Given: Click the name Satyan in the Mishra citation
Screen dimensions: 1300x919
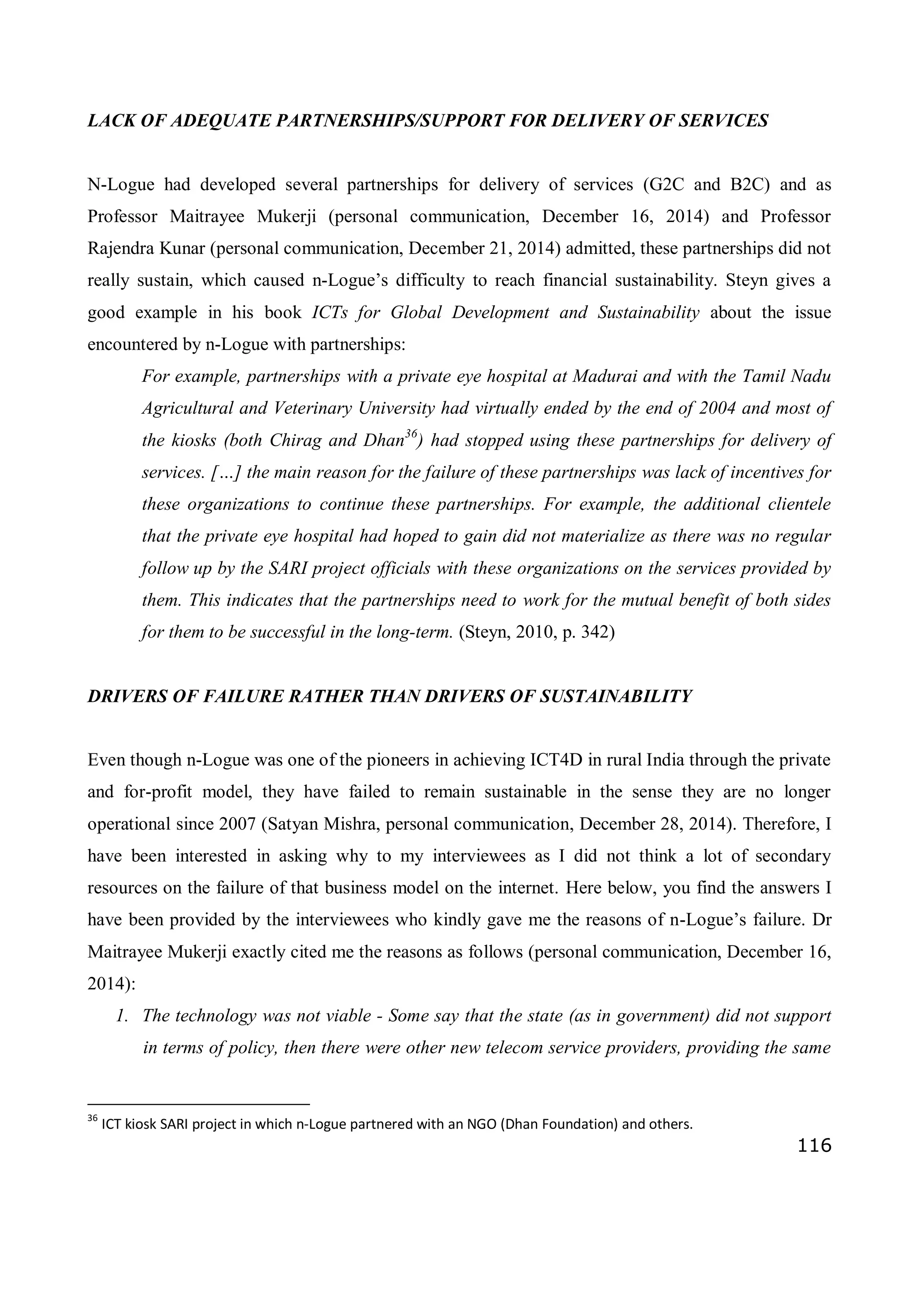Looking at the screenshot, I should click(292, 824).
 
